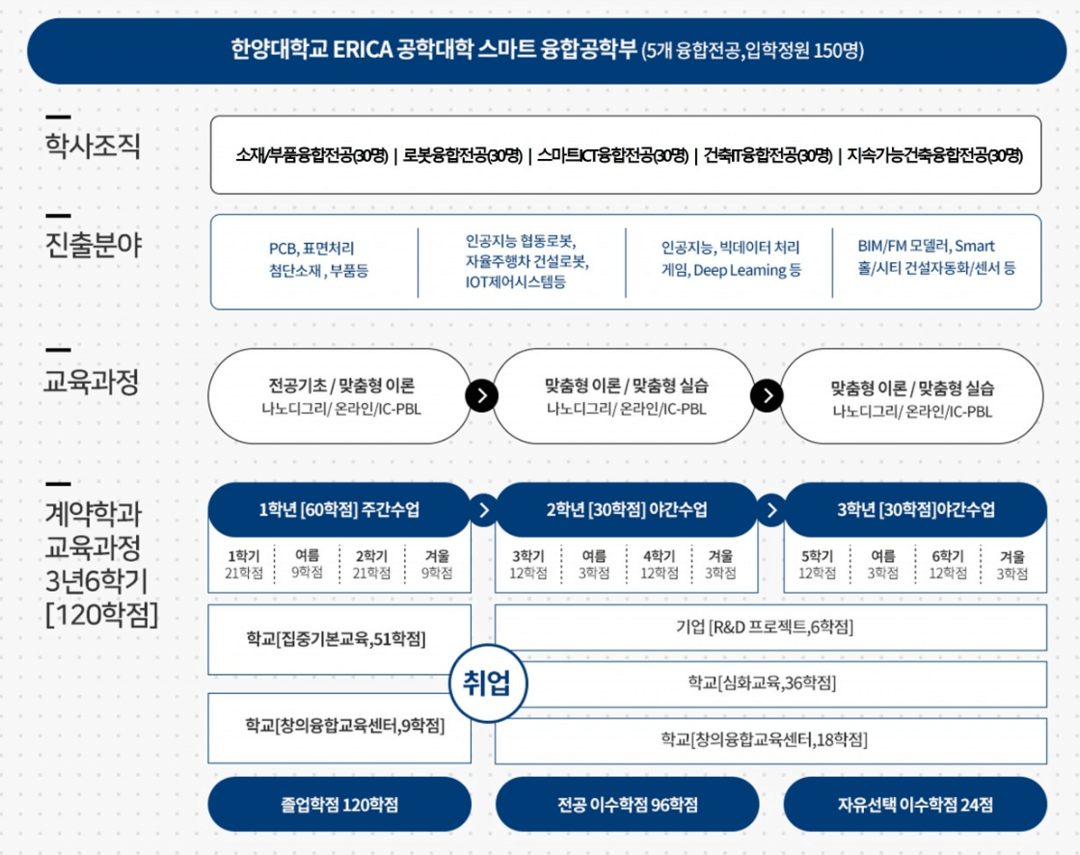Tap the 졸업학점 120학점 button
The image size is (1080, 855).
(339, 805)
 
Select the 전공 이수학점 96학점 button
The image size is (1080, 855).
(627, 805)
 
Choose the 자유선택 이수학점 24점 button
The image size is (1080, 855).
(915, 805)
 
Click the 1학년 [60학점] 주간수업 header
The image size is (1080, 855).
(339, 510)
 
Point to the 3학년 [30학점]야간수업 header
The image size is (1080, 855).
(915, 510)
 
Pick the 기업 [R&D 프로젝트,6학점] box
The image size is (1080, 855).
(770, 628)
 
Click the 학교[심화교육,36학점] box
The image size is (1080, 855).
(770, 683)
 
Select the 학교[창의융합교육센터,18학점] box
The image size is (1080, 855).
(770, 739)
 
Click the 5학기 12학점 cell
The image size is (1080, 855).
(816, 565)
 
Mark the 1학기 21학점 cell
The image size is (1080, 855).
(243, 565)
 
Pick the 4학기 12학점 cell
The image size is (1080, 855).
(659, 565)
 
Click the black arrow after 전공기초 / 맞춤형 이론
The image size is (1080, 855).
(481, 396)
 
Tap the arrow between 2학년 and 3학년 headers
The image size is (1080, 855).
(770, 510)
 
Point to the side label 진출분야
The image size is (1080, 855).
(93, 246)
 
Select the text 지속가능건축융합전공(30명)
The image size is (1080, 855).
(934, 155)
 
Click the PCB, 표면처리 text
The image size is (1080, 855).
(317, 249)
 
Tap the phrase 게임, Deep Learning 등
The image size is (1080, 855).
(731, 271)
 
